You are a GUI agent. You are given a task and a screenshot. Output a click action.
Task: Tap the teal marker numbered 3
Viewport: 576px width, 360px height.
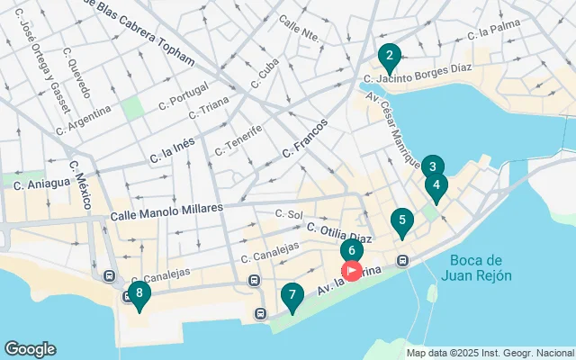(x=433, y=166)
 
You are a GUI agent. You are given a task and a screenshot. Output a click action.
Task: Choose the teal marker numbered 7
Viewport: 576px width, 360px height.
(x=292, y=295)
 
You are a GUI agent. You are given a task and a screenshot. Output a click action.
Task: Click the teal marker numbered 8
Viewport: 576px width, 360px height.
(x=139, y=293)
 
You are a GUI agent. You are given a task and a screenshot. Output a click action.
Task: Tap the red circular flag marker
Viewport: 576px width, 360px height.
(x=352, y=270)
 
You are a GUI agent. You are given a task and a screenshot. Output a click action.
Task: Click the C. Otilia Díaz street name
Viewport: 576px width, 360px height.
(x=338, y=232)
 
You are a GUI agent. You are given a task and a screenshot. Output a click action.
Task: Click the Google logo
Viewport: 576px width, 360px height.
(x=30, y=349)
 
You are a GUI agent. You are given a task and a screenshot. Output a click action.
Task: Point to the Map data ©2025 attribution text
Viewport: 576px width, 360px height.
(x=489, y=353)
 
